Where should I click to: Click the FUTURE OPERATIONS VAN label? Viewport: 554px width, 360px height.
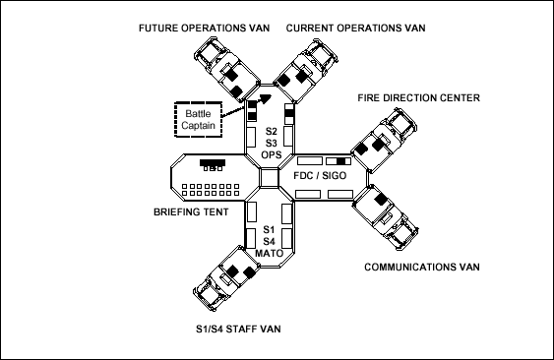[x=205, y=28]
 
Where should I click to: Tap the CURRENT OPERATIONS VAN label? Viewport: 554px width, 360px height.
[x=355, y=28]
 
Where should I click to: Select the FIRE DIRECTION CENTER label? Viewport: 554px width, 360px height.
[x=418, y=97]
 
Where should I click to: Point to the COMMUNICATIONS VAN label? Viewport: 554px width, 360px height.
[x=422, y=267]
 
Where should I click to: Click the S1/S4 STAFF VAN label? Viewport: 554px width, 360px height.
[x=238, y=329]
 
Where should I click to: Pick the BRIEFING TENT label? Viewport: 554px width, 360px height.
[x=191, y=212]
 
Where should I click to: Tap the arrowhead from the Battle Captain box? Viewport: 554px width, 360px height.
[x=266, y=98]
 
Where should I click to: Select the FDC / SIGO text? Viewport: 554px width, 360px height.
[x=320, y=176]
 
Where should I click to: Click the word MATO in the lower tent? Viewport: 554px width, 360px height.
[x=270, y=254]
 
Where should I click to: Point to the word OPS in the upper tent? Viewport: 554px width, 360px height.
[x=272, y=154]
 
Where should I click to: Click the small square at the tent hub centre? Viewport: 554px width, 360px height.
[x=269, y=178]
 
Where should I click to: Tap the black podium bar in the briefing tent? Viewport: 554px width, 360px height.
[x=213, y=162]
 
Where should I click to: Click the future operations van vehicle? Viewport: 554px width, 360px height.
[x=227, y=67]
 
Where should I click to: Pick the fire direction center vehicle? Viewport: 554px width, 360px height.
[x=385, y=141]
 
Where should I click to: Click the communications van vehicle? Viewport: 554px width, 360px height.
[x=386, y=217]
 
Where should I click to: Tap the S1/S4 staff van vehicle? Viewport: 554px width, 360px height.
[x=227, y=278]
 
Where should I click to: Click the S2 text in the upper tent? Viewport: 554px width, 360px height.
[x=272, y=132]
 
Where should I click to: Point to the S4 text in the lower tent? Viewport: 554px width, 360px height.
[x=269, y=242]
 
